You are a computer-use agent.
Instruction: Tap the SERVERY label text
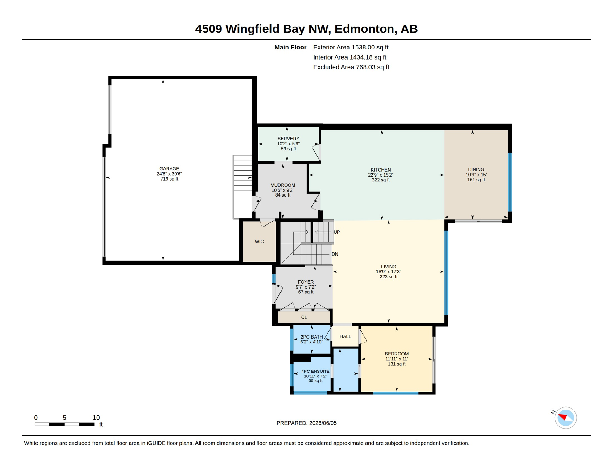coord(288,139)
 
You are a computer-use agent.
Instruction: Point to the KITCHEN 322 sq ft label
coord(381,175)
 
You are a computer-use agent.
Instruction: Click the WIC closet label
coord(259,242)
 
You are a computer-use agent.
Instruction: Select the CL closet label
coord(304,318)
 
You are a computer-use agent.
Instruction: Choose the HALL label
coord(345,336)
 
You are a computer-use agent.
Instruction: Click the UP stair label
coord(337,232)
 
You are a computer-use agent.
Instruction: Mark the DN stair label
coord(335,254)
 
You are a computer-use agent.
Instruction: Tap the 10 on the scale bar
coord(96,418)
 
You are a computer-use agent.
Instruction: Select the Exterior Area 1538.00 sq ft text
coord(351,47)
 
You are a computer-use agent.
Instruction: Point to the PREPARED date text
coord(306,423)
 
